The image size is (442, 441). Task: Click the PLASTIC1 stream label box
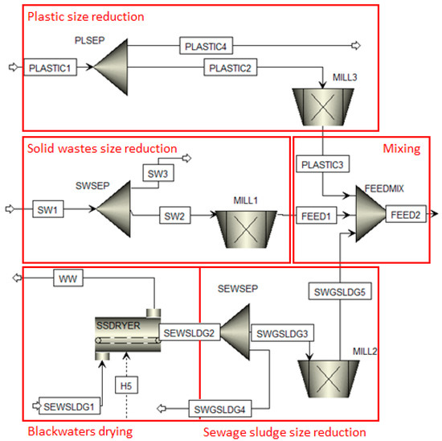click(50, 67)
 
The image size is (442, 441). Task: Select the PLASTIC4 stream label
click(206, 45)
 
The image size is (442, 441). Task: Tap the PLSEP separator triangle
click(111, 67)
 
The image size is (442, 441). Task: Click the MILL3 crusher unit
click(323, 107)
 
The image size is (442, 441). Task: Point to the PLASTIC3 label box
click(323, 163)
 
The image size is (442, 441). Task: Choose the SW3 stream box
click(158, 173)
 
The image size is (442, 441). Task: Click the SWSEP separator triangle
click(114, 209)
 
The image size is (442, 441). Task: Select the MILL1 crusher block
click(246, 229)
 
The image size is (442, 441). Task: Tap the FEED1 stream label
click(317, 216)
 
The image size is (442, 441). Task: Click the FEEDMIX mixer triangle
click(370, 214)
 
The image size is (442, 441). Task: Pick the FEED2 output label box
click(406, 214)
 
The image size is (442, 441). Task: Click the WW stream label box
click(68, 278)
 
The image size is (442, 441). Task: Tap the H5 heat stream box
click(126, 385)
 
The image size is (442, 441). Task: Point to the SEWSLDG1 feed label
click(69, 406)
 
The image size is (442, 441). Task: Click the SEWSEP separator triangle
click(235, 332)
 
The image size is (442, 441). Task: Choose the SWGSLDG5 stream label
click(340, 291)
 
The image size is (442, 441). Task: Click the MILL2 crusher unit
click(329, 379)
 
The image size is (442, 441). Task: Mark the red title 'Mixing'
click(401, 149)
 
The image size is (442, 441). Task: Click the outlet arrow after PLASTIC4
click(356, 45)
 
